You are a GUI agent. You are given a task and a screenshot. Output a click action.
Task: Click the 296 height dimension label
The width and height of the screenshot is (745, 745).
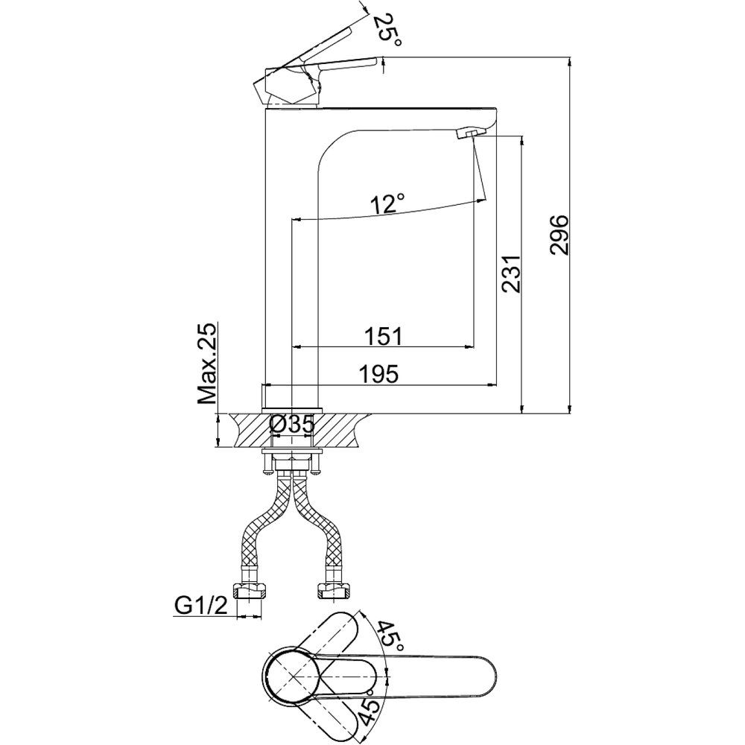pos(559,235)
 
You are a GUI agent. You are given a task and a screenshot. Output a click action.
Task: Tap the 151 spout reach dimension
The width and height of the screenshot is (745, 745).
pos(384,336)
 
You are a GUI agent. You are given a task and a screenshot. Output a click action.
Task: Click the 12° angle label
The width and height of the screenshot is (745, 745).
pos(389,203)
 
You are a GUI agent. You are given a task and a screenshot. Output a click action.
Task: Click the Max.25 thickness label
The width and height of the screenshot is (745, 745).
pos(208,363)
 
